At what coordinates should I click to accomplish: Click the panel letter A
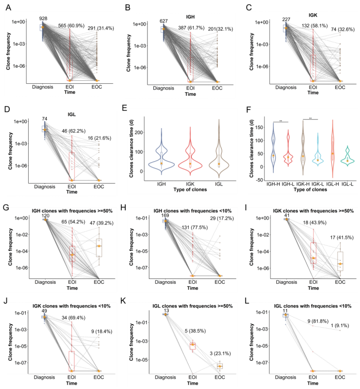click(10, 7)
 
